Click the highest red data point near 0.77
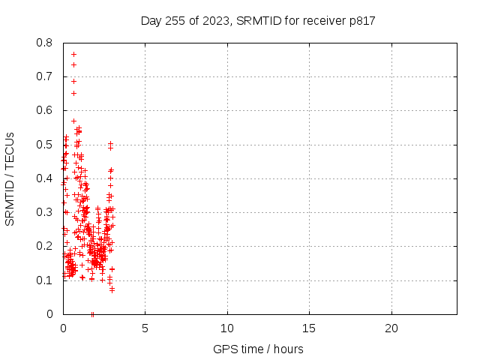click(x=73, y=55)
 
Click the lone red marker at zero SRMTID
click(x=92, y=314)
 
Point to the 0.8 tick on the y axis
click(x=44, y=43)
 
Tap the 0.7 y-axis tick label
click(x=44, y=76)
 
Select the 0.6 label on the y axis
click(x=44, y=110)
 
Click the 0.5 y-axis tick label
click(x=44, y=145)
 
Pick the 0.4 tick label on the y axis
click(x=44, y=178)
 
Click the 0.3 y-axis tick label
click(x=44, y=212)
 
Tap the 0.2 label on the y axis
click(x=44, y=246)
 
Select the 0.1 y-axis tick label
click(x=44, y=280)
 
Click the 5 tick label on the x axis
click(x=145, y=328)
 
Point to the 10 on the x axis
click(x=227, y=328)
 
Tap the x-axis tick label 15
click(x=309, y=328)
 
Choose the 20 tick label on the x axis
click(x=391, y=328)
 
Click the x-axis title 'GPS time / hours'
click(x=258, y=349)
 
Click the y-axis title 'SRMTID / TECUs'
click(x=10, y=179)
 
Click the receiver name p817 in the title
click(x=362, y=21)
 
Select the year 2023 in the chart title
click(x=216, y=21)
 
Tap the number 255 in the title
click(x=175, y=21)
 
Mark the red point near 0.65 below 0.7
click(x=73, y=93)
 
